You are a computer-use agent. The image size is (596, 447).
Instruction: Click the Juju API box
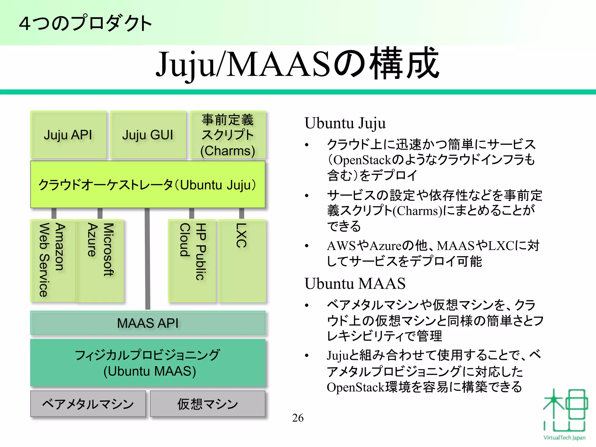click(68, 135)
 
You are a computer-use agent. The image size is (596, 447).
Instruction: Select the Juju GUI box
click(148, 135)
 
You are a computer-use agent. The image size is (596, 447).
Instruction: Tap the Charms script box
click(228, 135)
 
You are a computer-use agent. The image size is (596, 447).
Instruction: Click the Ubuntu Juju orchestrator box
click(148, 185)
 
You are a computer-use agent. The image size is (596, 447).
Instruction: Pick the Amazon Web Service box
click(52, 260)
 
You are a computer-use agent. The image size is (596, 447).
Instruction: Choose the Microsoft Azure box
click(100, 260)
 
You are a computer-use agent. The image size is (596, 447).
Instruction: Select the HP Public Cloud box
click(192, 260)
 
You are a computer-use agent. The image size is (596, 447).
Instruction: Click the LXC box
click(242, 260)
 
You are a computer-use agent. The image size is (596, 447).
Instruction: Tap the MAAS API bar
click(148, 323)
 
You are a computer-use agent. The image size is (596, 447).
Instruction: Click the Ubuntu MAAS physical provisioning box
click(148, 363)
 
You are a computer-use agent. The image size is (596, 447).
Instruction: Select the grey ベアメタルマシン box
click(88, 404)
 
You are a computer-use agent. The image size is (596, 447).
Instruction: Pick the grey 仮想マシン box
click(207, 404)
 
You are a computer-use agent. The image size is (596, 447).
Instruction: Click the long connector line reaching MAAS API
click(148, 259)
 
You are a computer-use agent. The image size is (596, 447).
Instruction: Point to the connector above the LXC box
click(242, 213)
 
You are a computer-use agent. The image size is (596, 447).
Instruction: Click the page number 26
click(298, 418)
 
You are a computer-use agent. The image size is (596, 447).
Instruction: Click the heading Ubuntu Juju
click(345, 123)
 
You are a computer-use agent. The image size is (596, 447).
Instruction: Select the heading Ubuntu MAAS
click(355, 283)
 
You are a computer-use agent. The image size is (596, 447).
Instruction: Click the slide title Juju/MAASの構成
click(297, 64)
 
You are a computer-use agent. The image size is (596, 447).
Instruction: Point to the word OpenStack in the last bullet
click(356, 387)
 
